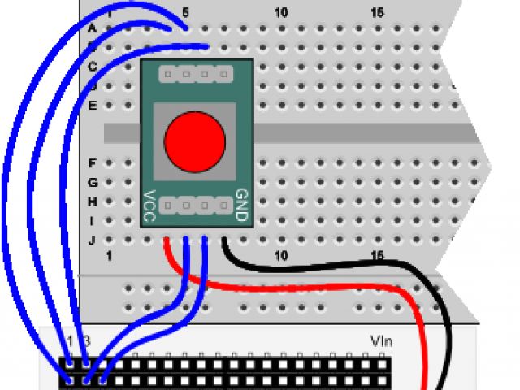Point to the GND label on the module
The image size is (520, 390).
241,206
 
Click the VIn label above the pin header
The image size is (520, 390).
382,341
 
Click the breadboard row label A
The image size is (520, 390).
92,28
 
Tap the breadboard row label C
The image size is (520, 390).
92,66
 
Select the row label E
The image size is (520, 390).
92,105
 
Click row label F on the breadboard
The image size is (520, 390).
92,162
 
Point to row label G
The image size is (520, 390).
92,182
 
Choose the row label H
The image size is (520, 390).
92,201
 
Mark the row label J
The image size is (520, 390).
92,240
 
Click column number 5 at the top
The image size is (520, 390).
186,13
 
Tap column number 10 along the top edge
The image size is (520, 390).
281,13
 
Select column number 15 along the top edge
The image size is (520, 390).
377,13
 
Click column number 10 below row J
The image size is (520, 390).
281,256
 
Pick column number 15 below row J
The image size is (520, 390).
377,256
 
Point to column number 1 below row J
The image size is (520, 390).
109,256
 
